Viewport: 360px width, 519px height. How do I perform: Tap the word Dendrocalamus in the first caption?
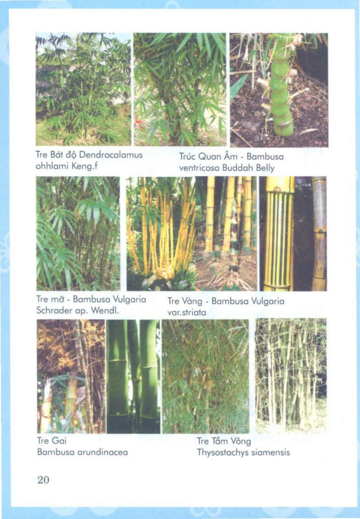(x=111, y=155)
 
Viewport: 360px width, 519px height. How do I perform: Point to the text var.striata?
(x=186, y=313)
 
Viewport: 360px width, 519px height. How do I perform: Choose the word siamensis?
(x=269, y=452)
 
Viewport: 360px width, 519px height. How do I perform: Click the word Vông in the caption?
(x=241, y=442)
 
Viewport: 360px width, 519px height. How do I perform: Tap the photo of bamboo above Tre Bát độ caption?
(x=83, y=89)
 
